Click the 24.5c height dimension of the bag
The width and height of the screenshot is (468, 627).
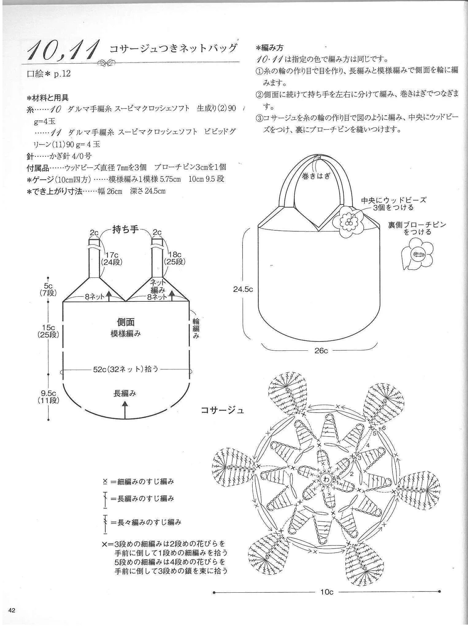tap(243, 289)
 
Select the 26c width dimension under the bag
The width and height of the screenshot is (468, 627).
tap(321, 350)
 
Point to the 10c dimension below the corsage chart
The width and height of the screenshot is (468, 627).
tap(327, 592)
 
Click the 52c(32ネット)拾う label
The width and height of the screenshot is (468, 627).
tap(126, 369)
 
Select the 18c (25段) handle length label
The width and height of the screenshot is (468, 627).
tap(173, 258)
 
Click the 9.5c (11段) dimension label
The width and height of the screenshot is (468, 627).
tap(48, 396)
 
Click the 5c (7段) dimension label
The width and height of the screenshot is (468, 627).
tap(48, 289)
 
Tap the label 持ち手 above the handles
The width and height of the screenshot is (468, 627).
tap(126, 229)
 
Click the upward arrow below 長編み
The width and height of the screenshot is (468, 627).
tap(125, 409)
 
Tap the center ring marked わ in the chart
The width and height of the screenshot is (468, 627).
tap(326, 479)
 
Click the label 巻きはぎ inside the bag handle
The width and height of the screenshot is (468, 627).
tap(316, 176)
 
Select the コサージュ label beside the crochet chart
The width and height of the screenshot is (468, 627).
tap(222, 410)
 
